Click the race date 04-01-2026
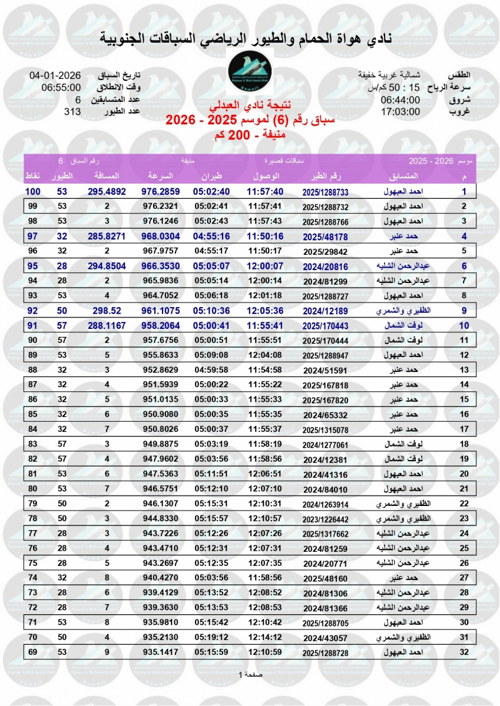pyautogui.click(x=55, y=76)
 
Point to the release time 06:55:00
pyautogui.click(x=61, y=88)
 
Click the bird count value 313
pyautogui.click(x=72, y=111)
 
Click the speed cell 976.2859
pyautogui.click(x=160, y=192)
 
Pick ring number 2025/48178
pyautogui.click(x=325, y=237)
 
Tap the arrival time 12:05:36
pyautogui.click(x=265, y=311)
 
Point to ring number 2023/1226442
pyautogui.click(x=325, y=519)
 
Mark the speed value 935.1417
pyautogui.click(x=160, y=652)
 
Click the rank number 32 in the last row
pyautogui.click(x=464, y=652)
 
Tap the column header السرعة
pyautogui.click(x=160, y=176)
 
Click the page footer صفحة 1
pyautogui.click(x=250, y=674)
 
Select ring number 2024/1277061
pyautogui.click(x=325, y=445)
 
